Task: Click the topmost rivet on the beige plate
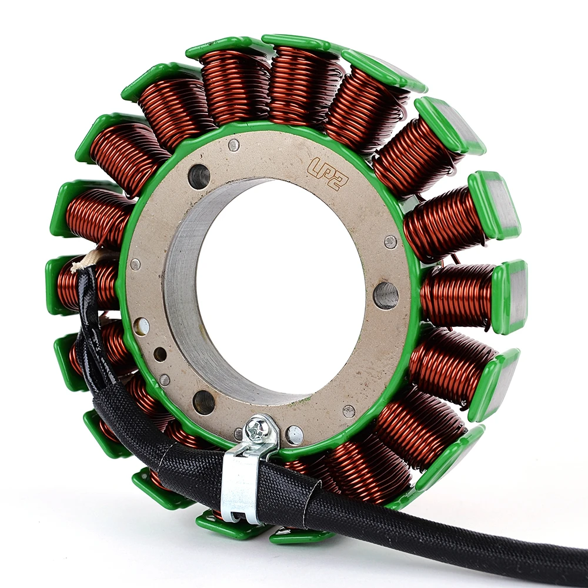234,145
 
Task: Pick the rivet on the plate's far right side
391,242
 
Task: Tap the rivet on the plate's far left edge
135,264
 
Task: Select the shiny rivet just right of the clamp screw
295,435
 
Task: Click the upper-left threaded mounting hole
199,176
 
